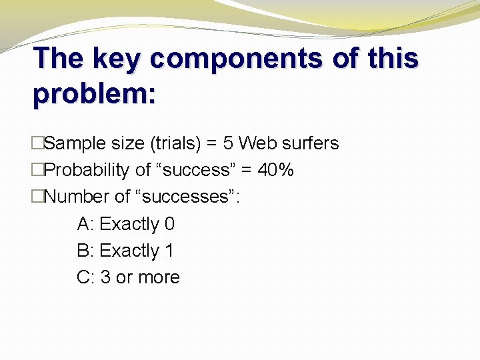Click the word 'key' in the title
117,59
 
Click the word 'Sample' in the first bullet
75,143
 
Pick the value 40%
275,170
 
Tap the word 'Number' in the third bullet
76,197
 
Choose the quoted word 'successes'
191,197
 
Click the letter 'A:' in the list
86,224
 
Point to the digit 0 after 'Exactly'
169,224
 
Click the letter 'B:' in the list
86,251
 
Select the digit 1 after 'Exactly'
169,251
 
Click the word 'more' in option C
159,277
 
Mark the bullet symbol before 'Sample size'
37,143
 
